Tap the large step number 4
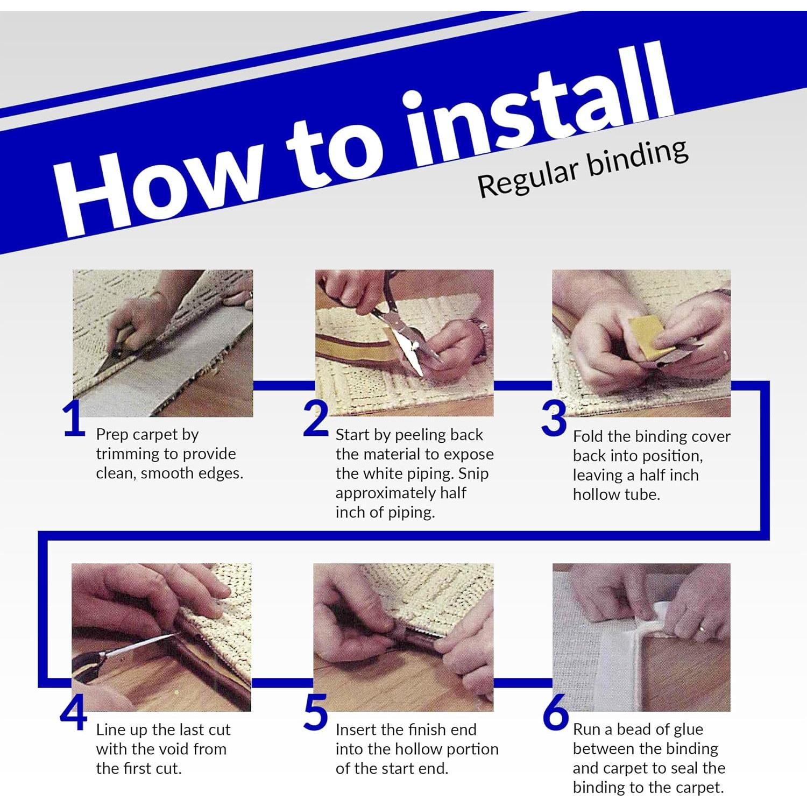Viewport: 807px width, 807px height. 73,713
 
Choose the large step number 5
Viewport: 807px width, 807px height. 316,713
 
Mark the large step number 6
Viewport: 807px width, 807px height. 556,713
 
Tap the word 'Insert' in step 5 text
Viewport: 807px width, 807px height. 356,730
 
